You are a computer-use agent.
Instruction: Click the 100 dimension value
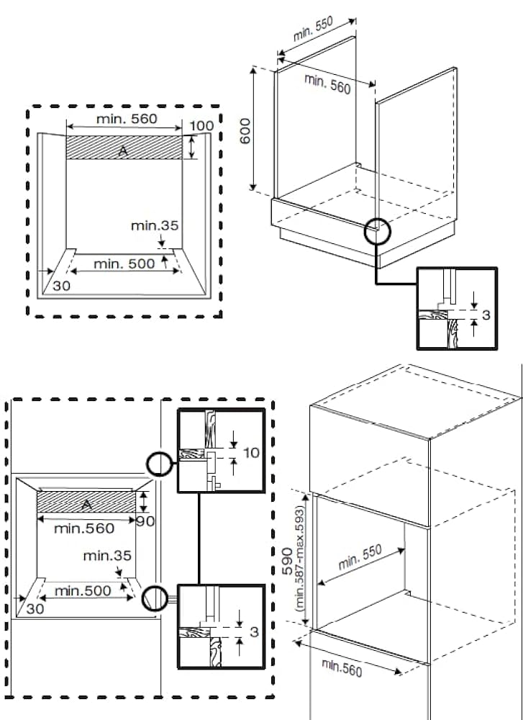(x=201, y=126)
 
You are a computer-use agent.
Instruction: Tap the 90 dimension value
(x=145, y=521)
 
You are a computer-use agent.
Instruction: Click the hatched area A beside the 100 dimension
(x=124, y=148)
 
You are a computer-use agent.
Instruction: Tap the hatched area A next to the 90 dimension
(x=86, y=503)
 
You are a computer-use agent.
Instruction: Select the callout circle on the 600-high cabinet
(x=376, y=232)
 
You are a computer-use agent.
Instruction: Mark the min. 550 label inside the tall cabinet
(x=360, y=558)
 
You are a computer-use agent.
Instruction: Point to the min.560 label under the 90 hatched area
(x=84, y=529)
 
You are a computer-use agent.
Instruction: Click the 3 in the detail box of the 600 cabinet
(x=486, y=315)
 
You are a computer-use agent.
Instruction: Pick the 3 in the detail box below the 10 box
(x=254, y=632)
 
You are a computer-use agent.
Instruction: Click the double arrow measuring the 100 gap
(x=192, y=148)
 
